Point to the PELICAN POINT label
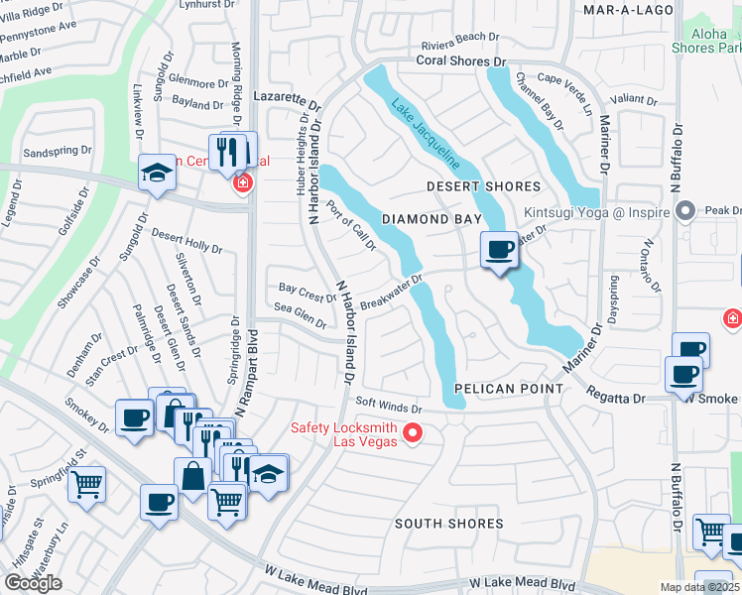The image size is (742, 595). click(509, 389)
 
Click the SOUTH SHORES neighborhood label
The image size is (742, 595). click(448, 523)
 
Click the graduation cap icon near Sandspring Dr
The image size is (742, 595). click(157, 173)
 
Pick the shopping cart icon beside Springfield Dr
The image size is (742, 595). click(88, 485)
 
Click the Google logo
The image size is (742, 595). click(33, 583)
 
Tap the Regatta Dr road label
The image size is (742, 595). click(615, 398)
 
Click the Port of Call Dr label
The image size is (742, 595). click(350, 227)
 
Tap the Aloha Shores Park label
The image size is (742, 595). click(715, 41)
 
